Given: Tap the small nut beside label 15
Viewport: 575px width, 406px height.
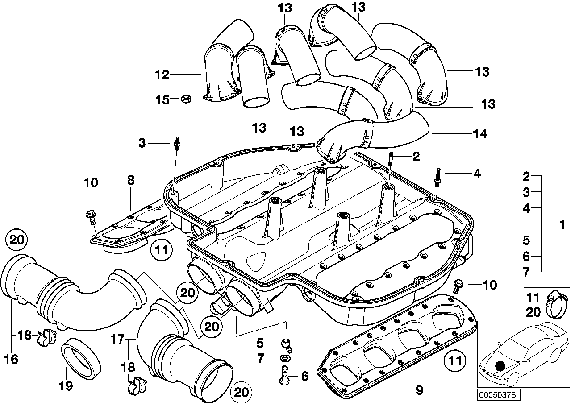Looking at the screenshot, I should pos(186,99).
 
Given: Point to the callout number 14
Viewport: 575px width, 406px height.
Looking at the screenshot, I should pos(481,133).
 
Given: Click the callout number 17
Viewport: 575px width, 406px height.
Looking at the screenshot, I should pos(117,340).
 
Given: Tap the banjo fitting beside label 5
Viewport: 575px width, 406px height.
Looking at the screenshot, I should pos(286,344).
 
